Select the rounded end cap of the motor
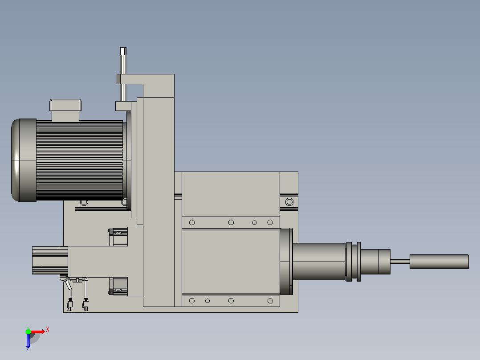(24, 160)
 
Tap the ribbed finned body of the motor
(80, 160)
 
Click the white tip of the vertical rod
(123, 51)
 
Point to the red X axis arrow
(38, 331)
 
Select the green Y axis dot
(28, 331)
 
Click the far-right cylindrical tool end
(439, 262)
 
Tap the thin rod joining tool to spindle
(400, 262)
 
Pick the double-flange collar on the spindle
(353, 262)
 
